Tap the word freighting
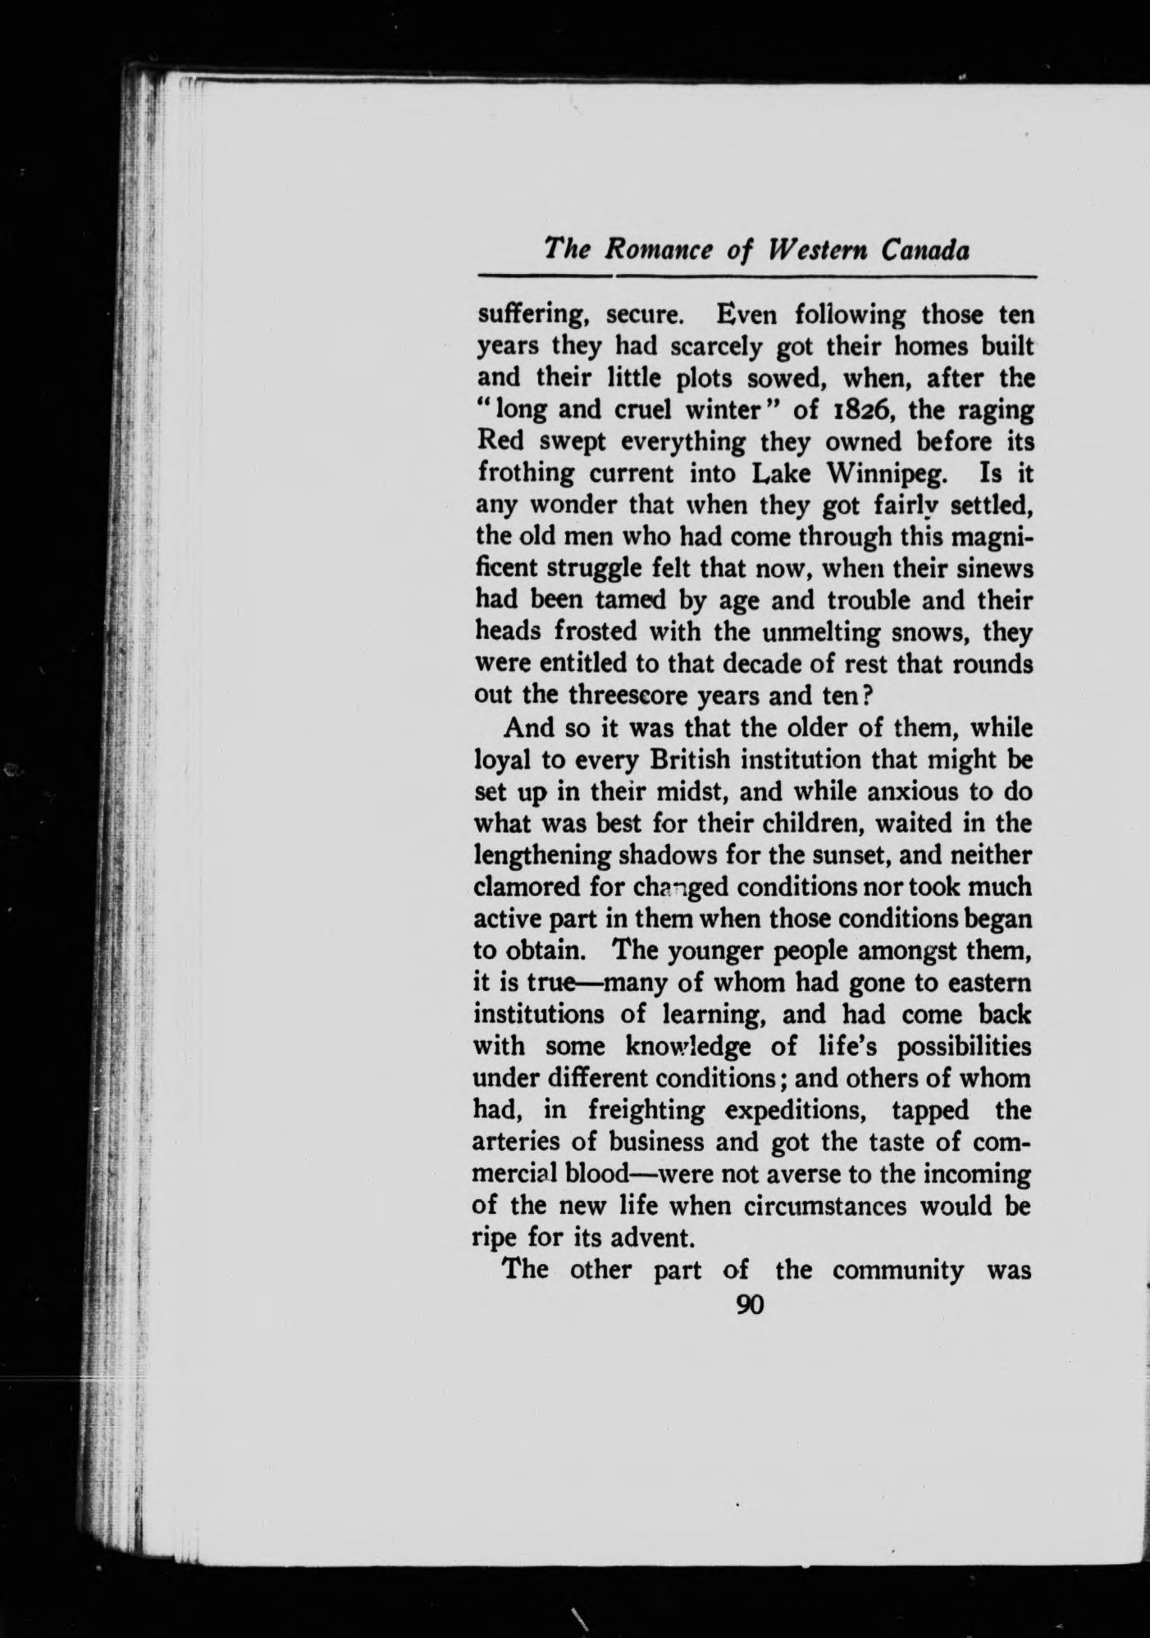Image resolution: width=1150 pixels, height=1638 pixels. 646,1111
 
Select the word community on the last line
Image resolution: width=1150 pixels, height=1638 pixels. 897,1271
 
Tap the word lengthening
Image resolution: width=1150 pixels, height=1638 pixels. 541,856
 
